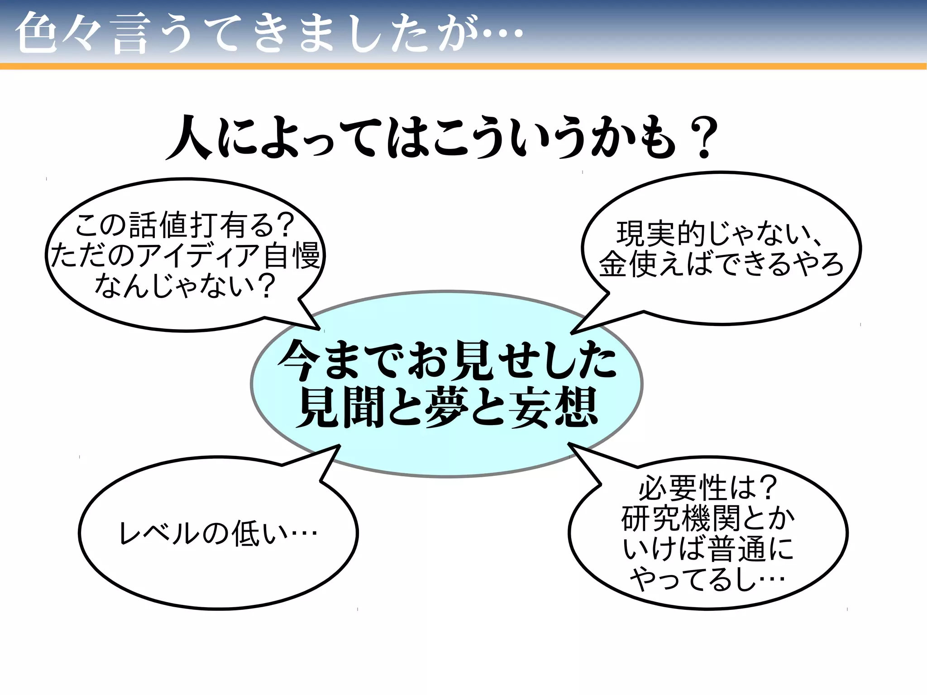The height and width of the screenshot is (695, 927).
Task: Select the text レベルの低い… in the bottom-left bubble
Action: tap(218, 533)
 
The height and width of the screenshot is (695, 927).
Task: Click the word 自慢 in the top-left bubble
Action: tap(292, 255)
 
